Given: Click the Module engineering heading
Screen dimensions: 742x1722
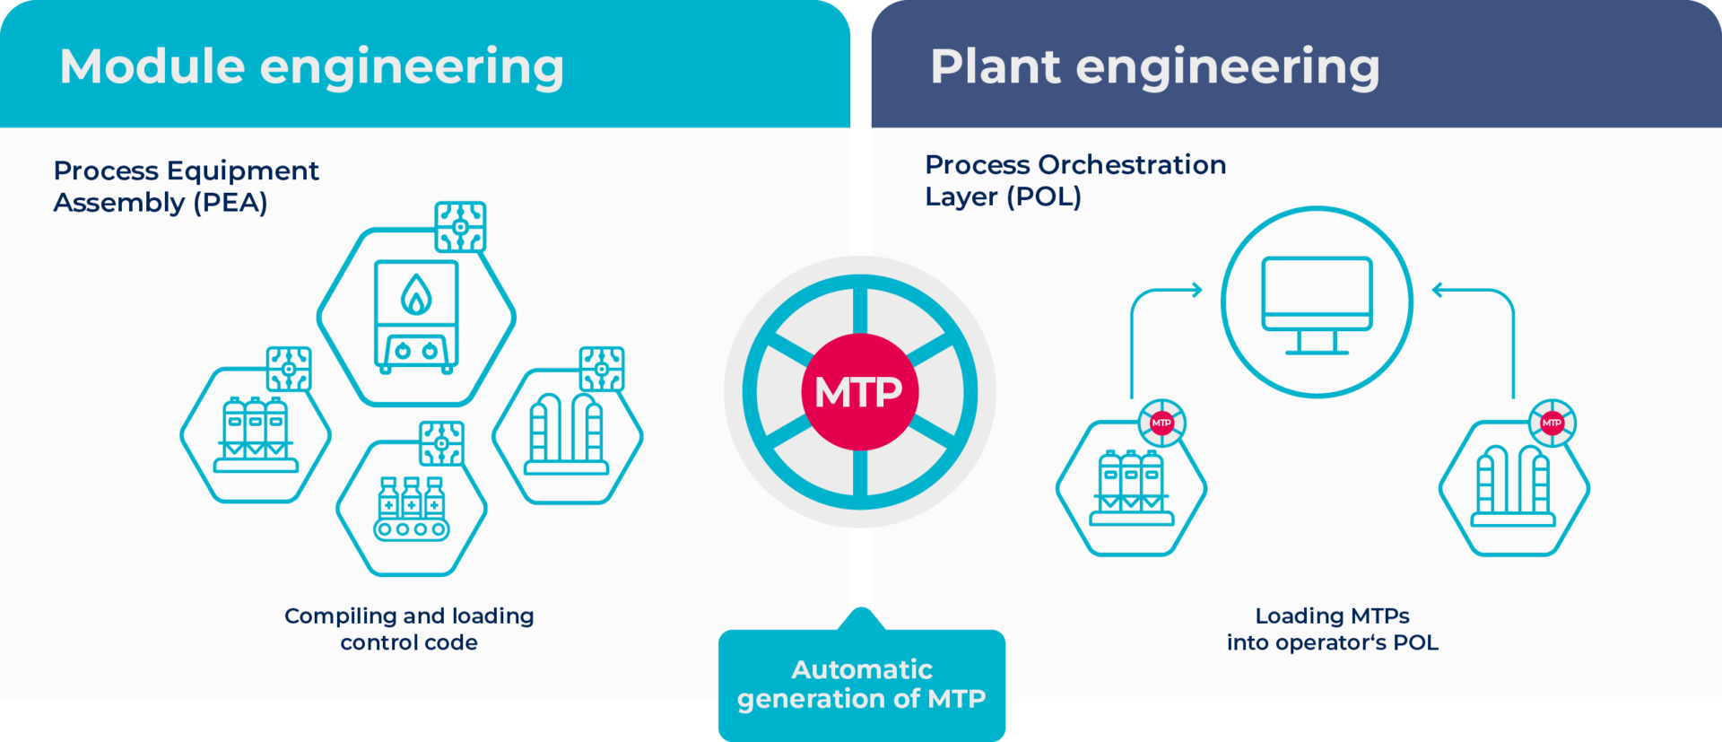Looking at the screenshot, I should [x=311, y=67].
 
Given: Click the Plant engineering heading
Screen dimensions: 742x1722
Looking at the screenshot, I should [x=1154, y=67].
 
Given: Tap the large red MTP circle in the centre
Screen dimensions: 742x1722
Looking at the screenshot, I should [x=859, y=392].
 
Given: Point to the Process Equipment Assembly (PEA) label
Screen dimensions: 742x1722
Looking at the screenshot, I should [x=186, y=187].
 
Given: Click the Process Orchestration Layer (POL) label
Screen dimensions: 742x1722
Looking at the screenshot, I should [x=1074, y=180].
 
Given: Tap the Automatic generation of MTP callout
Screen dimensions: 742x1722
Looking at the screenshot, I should [x=861, y=684].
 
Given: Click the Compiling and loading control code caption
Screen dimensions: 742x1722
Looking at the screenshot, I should [x=409, y=629].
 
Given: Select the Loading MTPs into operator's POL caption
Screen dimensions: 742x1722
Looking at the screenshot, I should [x=1332, y=629].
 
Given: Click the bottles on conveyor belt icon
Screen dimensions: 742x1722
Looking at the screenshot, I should [x=412, y=509].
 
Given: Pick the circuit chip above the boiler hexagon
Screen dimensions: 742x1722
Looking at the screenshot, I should [x=460, y=227].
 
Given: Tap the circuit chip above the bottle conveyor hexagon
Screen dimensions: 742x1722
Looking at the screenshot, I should [x=441, y=443].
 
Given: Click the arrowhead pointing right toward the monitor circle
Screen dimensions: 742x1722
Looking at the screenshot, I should [x=1196, y=290].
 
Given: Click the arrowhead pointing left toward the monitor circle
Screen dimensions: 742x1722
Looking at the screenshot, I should [x=1439, y=290].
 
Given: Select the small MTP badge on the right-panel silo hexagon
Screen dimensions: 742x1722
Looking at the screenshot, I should [x=1161, y=423].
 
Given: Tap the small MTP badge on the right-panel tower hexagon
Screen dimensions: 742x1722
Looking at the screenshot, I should [x=1552, y=423].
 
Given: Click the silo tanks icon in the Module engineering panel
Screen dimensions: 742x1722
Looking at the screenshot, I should [x=256, y=435].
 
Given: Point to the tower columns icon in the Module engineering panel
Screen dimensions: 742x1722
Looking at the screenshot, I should [x=567, y=435].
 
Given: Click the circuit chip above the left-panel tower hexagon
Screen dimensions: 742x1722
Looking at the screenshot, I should [x=601, y=369].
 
